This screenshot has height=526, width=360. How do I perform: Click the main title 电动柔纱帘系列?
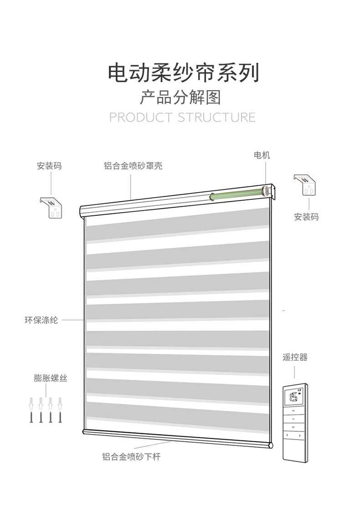(183, 73)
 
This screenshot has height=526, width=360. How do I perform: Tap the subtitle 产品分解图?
(180, 97)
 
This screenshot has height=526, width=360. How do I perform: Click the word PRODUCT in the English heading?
(141, 117)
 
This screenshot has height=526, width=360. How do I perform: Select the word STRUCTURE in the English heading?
(216, 117)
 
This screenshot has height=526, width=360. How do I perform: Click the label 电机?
(262, 155)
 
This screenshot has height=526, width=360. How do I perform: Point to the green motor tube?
(237, 194)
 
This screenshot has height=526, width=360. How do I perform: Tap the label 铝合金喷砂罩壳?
(133, 166)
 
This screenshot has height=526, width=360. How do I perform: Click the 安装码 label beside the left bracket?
(49, 166)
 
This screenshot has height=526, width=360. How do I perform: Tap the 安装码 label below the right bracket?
(306, 217)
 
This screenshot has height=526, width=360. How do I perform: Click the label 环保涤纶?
(41, 320)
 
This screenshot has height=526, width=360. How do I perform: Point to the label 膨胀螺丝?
(50, 378)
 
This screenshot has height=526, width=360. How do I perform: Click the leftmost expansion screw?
(31, 409)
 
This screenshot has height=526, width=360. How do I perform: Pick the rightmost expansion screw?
(60, 409)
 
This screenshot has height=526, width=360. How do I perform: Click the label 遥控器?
(295, 357)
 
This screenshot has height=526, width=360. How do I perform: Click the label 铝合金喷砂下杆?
(131, 456)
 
